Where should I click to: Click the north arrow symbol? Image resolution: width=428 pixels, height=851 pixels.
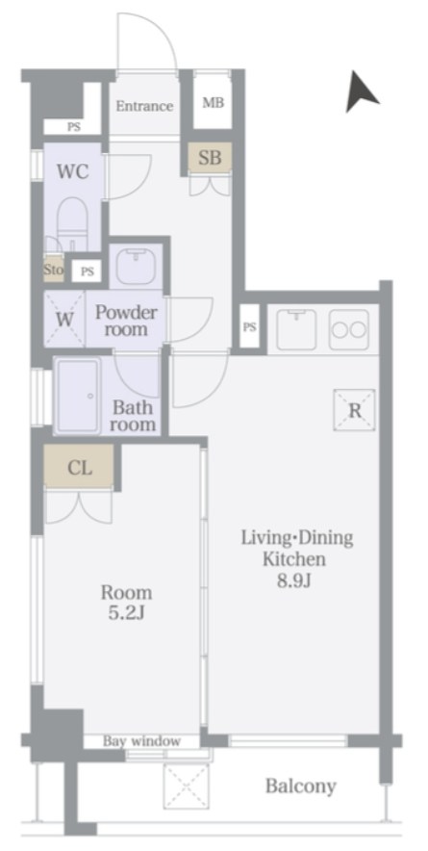pyautogui.click(x=360, y=92)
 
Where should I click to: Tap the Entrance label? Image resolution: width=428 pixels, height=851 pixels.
pyautogui.click(x=145, y=106)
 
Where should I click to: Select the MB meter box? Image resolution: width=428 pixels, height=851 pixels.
pyautogui.click(x=214, y=103)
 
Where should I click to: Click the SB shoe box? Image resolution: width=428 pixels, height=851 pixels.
pyautogui.click(x=210, y=157)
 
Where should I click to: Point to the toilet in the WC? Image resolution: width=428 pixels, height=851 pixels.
pyautogui.click(x=72, y=223)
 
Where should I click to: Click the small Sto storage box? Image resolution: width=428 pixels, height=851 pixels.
pyautogui.click(x=54, y=269)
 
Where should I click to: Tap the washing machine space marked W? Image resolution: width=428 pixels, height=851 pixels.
pyautogui.click(x=64, y=320)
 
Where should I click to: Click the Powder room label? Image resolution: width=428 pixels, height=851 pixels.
pyautogui.click(x=126, y=321)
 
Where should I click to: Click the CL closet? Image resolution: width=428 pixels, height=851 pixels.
pyautogui.click(x=79, y=467)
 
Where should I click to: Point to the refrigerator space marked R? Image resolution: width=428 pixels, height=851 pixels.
pyautogui.click(x=355, y=410)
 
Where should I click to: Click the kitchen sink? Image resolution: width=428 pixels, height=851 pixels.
pyautogui.click(x=296, y=329)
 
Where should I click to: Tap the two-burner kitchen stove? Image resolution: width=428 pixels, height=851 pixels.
pyautogui.click(x=349, y=329)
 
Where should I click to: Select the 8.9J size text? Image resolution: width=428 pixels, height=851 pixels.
pyautogui.click(x=294, y=580)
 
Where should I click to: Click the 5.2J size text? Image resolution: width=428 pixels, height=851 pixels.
pyautogui.click(x=126, y=613)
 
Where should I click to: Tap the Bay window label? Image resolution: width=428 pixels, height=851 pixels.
pyautogui.click(x=141, y=741)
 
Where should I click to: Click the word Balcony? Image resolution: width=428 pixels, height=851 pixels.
pyautogui.click(x=300, y=786)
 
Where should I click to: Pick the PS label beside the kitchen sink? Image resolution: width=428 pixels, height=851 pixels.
pyautogui.click(x=249, y=327)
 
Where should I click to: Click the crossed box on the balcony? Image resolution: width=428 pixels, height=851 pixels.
pyautogui.click(x=186, y=787)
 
